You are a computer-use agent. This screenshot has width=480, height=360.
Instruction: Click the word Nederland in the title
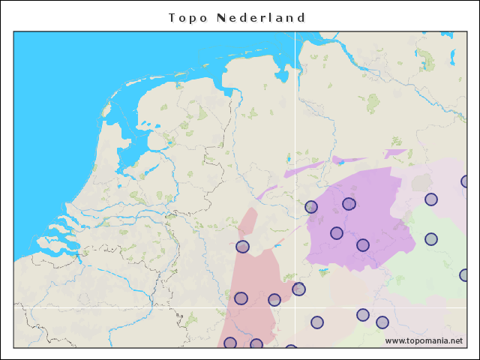click(x=261, y=17)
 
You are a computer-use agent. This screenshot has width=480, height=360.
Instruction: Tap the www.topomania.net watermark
click(x=424, y=340)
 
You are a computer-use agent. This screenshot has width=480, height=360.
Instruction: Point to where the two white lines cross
click(x=295, y=307)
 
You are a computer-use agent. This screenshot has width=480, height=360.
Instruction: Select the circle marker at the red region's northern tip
click(x=242, y=247)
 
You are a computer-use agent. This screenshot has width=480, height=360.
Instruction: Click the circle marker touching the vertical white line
click(x=298, y=289)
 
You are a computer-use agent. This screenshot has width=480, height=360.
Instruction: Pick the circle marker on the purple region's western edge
click(x=311, y=207)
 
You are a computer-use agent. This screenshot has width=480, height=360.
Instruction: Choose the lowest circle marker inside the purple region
click(x=363, y=245)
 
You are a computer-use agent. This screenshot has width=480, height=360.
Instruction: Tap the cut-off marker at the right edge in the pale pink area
click(x=466, y=181)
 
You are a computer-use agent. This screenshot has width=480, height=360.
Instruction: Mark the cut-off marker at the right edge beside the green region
click(x=465, y=275)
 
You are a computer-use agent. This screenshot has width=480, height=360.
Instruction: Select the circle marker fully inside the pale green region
click(x=431, y=239)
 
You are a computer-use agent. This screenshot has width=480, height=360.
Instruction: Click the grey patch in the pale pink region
click(x=421, y=182)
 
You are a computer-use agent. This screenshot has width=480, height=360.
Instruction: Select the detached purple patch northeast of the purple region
click(x=394, y=153)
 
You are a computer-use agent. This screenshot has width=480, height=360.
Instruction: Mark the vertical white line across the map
click(x=295, y=112)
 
